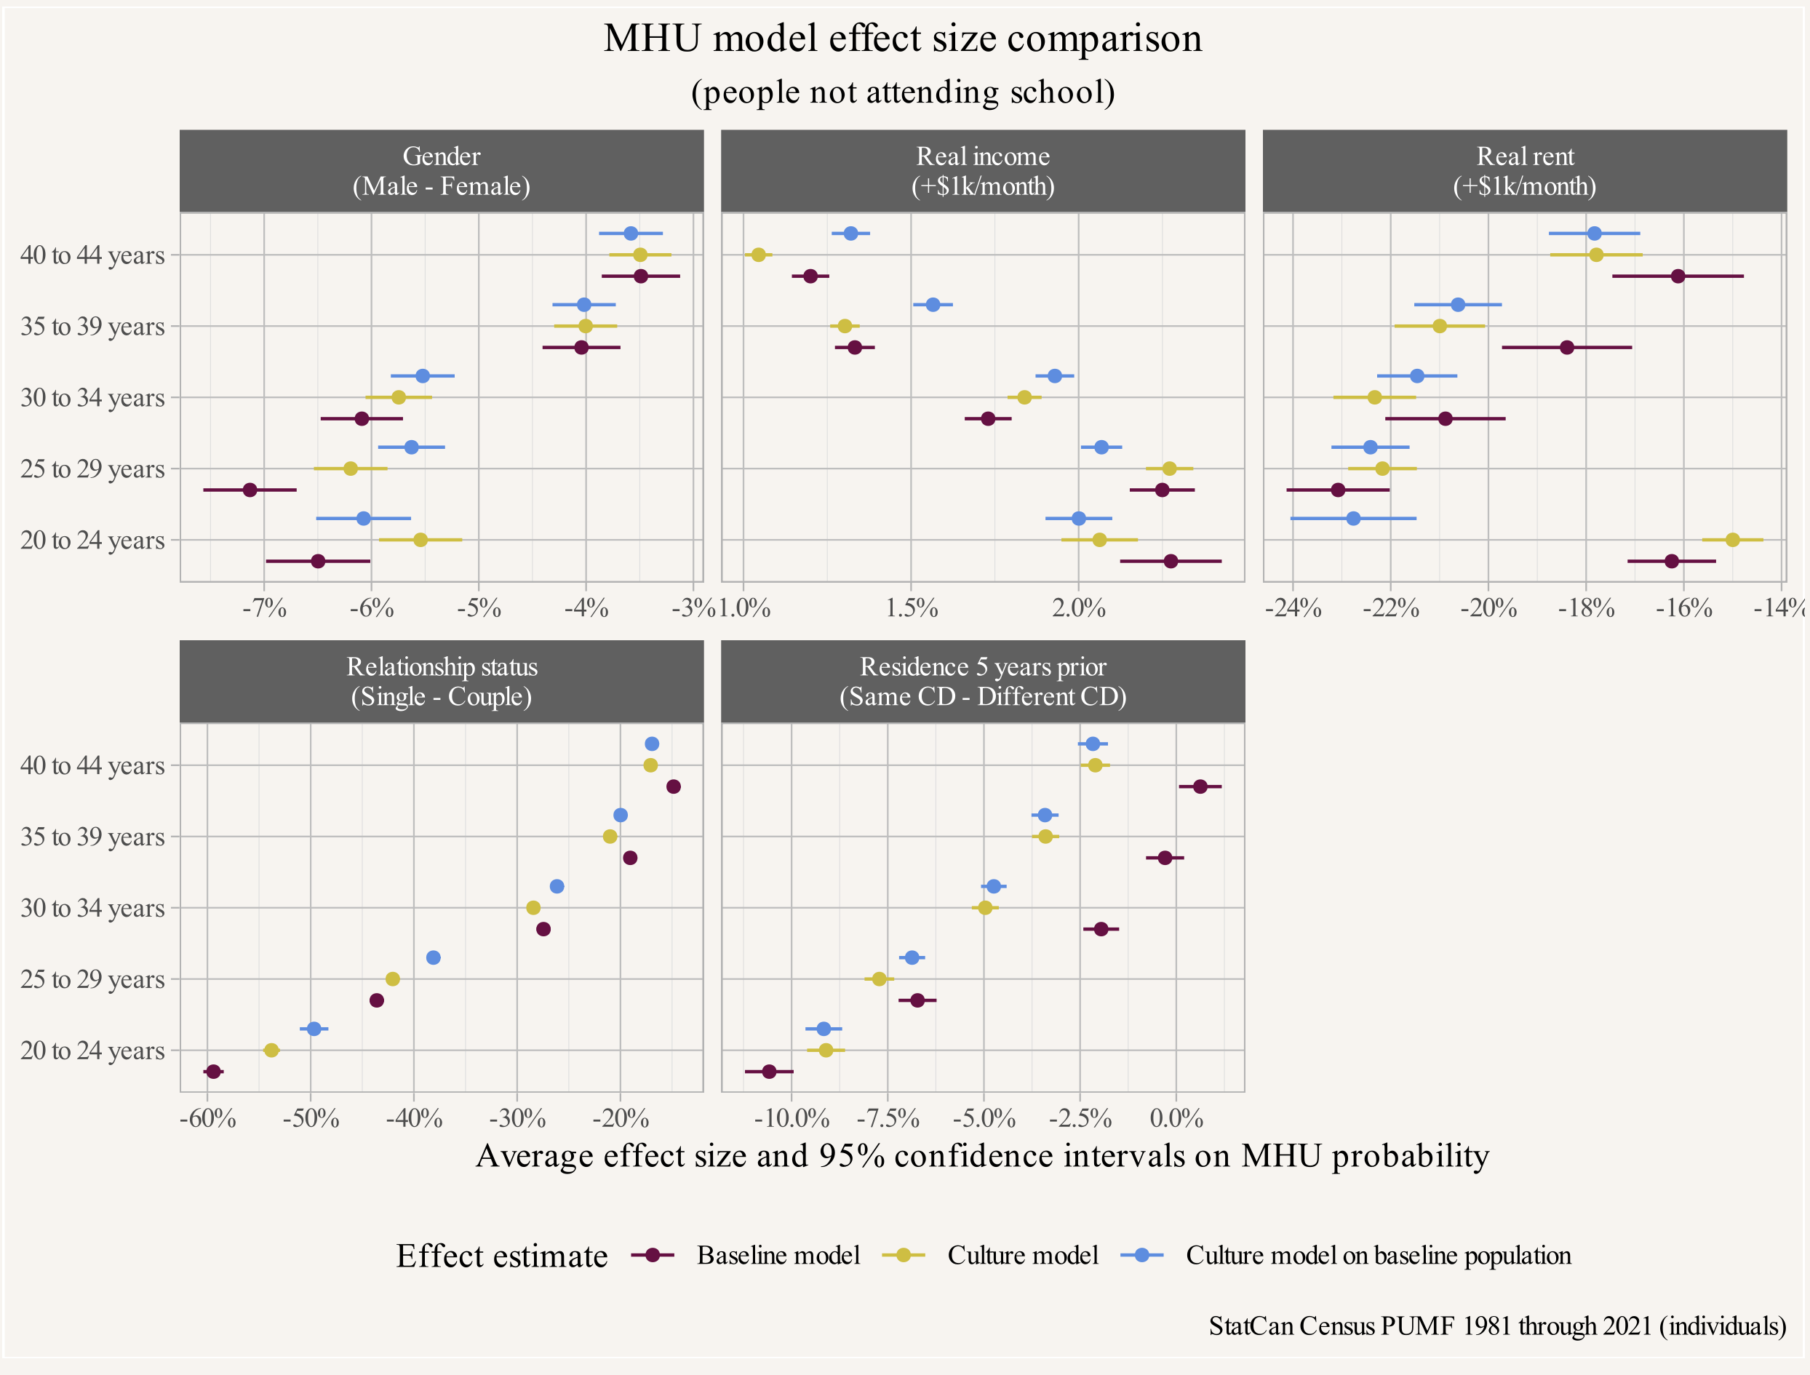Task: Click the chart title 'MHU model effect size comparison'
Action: click(903, 39)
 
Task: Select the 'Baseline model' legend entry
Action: click(778, 1256)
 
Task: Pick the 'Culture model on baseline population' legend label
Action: click(1378, 1256)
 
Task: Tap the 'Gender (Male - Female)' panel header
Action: click(441, 171)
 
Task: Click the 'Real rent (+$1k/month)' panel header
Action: click(1524, 171)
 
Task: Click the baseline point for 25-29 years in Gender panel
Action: click(250, 490)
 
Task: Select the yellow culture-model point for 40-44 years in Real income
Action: click(759, 255)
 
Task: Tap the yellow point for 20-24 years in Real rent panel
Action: click(1732, 540)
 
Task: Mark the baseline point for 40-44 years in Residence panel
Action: click(1200, 786)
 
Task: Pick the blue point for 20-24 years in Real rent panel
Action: click(1353, 519)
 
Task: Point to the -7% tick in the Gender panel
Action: click(264, 608)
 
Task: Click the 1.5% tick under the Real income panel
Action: click(912, 608)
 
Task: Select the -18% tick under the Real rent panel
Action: click(1586, 608)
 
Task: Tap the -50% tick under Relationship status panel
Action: click(311, 1118)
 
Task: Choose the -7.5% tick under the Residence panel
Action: click(888, 1118)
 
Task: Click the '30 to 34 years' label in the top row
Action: click(92, 398)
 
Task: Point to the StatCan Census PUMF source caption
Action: click(1496, 1326)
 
